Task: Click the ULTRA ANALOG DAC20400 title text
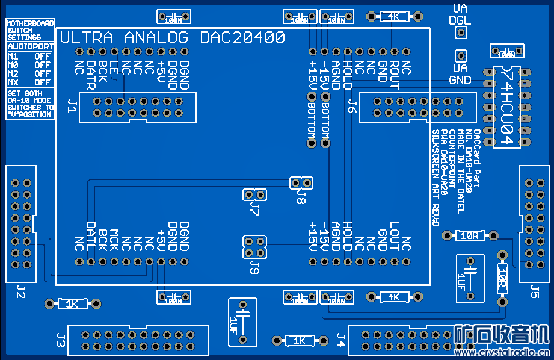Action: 173,38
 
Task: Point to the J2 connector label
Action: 20,293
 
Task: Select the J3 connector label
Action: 60,339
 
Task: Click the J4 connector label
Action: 341,339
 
